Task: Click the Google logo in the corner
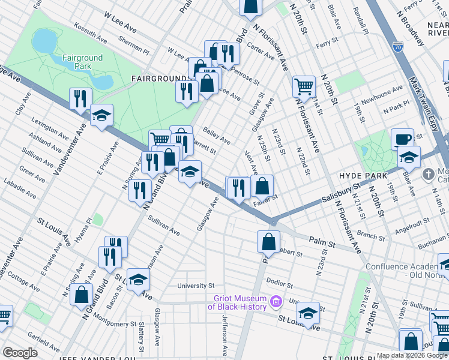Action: coord(20,353)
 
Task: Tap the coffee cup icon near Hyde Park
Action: coord(403,139)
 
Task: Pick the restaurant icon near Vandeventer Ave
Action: coord(80,98)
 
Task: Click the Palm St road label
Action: coord(322,242)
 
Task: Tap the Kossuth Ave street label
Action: coord(91,33)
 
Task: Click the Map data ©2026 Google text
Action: coord(412,355)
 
